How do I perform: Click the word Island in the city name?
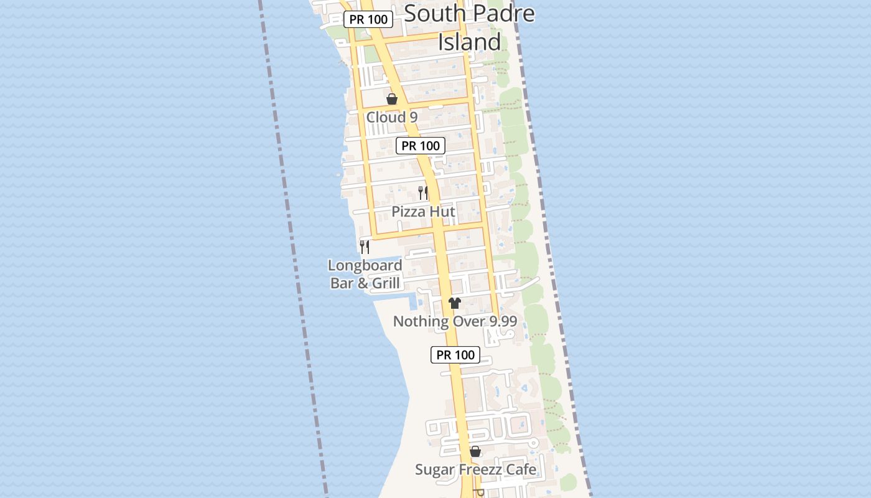pyautogui.click(x=469, y=42)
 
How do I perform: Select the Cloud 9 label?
pyautogui.click(x=391, y=117)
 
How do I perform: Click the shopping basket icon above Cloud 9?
pyautogui.click(x=392, y=99)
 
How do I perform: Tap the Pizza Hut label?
pyautogui.click(x=423, y=212)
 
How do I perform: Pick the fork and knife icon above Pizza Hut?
pyautogui.click(x=423, y=192)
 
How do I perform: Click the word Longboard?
pyautogui.click(x=365, y=266)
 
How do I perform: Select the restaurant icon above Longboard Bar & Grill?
pyautogui.click(x=365, y=247)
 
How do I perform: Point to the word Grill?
pyautogui.click(x=385, y=284)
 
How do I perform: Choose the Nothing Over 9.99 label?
pyautogui.click(x=455, y=322)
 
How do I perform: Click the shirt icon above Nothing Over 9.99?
pyautogui.click(x=455, y=303)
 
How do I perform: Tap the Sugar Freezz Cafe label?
pyautogui.click(x=475, y=469)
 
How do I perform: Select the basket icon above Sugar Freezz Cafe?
pyautogui.click(x=475, y=451)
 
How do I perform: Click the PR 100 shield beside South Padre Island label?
pyautogui.click(x=368, y=19)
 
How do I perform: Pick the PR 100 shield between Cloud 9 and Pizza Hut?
pyautogui.click(x=421, y=146)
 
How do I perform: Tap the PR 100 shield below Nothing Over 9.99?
pyautogui.click(x=455, y=355)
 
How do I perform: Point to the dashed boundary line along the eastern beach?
pyautogui.click(x=551, y=249)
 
